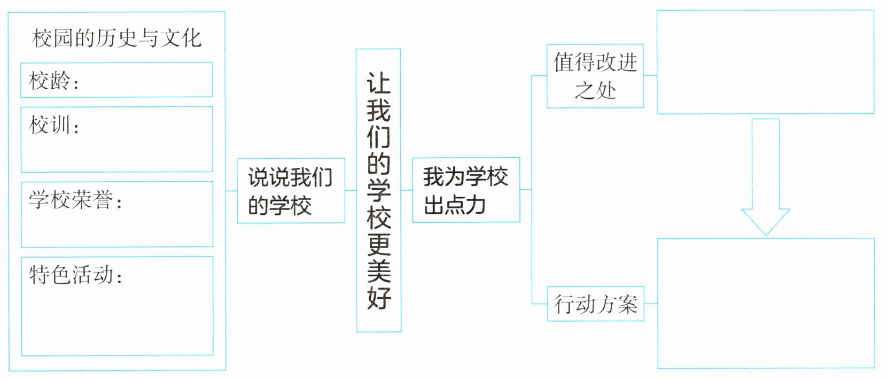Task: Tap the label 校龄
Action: click(x=50, y=81)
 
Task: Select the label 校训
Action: click(x=50, y=126)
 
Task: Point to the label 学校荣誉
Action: click(x=72, y=200)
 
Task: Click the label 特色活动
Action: click(x=72, y=275)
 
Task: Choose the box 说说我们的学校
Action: click(x=291, y=191)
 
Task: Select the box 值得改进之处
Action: click(x=595, y=76)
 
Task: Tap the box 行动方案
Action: click(x=595, y=304)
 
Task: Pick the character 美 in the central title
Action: click(x=378, y=270)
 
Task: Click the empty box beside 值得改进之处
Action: click(x=765, y=62)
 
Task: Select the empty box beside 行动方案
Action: click(x=766, y=303)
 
